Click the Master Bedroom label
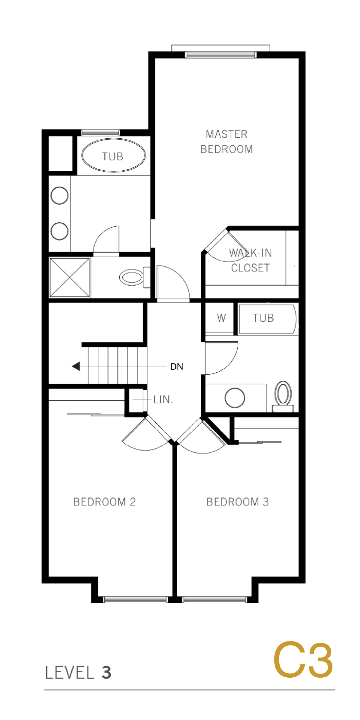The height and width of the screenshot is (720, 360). click(x=226, y=142)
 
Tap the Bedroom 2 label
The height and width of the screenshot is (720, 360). click(x=104, y=502)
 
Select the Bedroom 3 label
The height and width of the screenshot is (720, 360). click(x=238, y=502)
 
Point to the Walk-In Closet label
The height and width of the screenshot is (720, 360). click(x=250, y=260)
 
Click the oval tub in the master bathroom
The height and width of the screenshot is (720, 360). click(x=113, y=155)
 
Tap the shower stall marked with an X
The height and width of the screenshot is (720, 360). click(x=70, y=277)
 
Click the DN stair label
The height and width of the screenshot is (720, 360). click(x=177, y=367)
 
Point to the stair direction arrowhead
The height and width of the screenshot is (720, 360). click(x=76, y=366)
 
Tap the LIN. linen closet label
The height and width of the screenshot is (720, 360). click(x=163, y=400)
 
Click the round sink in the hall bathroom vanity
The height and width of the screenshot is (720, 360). click(x=235, y=398)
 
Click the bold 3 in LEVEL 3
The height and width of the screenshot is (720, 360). click(x=106, y=672)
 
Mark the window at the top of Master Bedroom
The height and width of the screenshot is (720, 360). click(x=220, y=55)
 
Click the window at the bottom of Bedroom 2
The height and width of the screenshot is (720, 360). click(x=135, y=600)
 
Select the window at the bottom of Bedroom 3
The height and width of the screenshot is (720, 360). click(x=214, y=600)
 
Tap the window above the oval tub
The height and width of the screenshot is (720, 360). click(x=100, y=133)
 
